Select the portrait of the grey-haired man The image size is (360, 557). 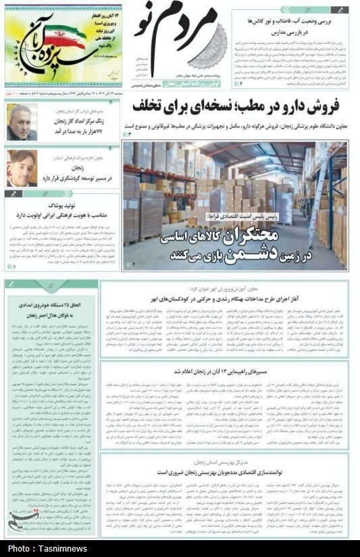(22, 122)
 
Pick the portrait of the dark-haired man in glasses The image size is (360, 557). (22, 168)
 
